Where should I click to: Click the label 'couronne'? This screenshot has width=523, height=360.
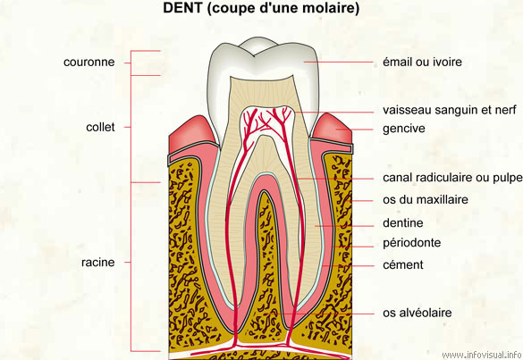[x=89, y=62]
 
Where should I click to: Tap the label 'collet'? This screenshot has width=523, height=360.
[x=100, y=127]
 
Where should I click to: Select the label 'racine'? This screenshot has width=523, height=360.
[x=98, y=263]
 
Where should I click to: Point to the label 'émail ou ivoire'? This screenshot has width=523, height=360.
[x=422, y=62]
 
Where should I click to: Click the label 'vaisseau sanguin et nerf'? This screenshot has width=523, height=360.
[x=450, y=110]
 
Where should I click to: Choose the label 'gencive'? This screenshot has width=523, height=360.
[x=404, y=129]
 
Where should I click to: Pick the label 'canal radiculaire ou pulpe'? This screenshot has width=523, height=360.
[x=452, y=178]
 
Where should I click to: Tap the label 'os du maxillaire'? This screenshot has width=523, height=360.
[x=426, y=200]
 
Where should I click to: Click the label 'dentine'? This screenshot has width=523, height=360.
[x=403, y=222]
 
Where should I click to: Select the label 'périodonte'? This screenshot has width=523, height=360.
[x=411, y=243]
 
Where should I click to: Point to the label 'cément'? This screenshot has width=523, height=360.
[x=403, y=264]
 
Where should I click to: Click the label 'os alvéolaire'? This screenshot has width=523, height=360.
[x=417, y=313]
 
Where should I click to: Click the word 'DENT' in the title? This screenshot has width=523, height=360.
[x=182, y=8]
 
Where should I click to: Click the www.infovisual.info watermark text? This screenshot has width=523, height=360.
[x=482, y=355]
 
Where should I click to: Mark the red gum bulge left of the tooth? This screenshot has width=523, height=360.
[x=192, y=130]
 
